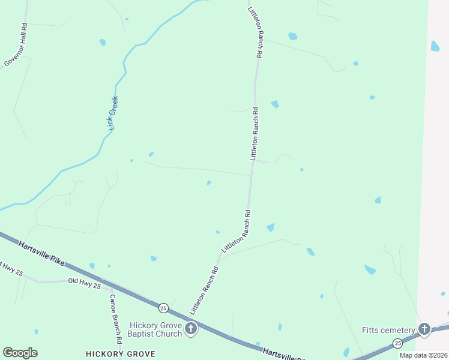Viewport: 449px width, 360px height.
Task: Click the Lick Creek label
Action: pos(112,113)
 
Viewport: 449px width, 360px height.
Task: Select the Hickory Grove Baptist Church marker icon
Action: pos(191,328)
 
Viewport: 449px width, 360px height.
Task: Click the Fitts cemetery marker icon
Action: pos(424,329)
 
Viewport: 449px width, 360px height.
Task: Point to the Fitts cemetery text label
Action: pos(388,331)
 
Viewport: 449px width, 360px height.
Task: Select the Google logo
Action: pos(20,353)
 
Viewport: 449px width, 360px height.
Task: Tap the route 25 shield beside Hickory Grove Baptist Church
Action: pos(163,308)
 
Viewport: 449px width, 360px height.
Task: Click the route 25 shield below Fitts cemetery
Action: pos(397,343)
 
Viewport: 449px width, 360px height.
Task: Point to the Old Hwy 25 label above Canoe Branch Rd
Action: pos(84,281)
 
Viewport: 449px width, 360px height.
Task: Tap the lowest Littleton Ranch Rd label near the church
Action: pos(203,291)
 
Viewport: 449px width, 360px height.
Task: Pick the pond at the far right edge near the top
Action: pos(435,46)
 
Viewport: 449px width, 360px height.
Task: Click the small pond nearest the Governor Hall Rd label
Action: pos(103,42)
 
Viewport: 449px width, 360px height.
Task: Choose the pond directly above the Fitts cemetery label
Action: pos(370,270)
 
